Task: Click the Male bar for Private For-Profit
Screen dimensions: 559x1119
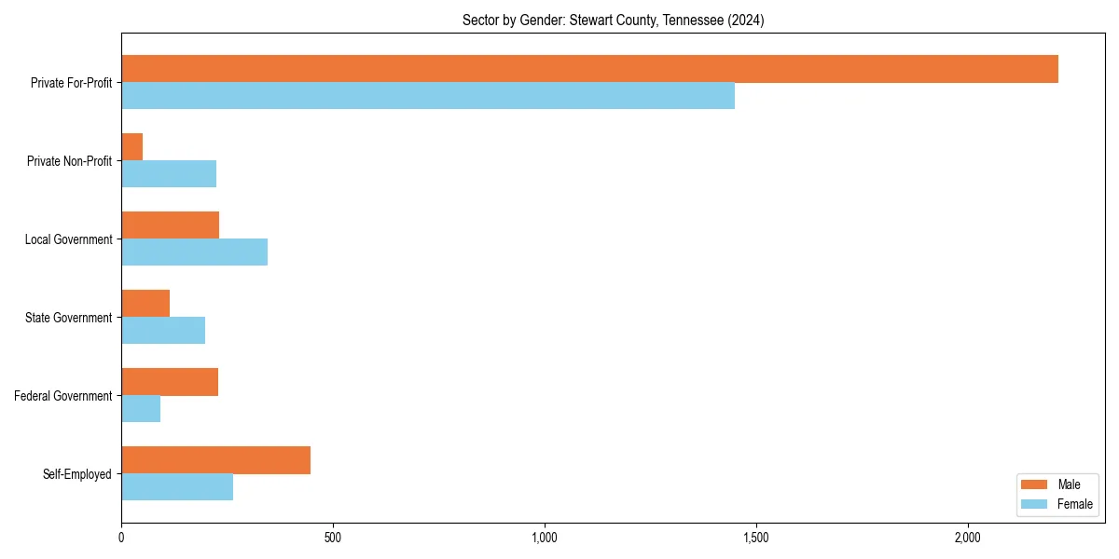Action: coord(589,69)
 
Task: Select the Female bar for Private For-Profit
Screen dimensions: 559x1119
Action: coord(428,96)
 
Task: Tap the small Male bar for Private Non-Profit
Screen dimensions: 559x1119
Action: coord(131,147)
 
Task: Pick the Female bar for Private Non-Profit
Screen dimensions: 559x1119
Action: coord(169,174)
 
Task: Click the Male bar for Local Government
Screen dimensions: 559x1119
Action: coord(170,225)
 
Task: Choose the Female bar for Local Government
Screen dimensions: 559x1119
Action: coord(194,252)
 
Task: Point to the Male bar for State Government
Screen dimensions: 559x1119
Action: coord(145,304)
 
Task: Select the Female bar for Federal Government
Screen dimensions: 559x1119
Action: coord(141,409)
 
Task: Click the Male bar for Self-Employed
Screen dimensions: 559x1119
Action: coord(215,460)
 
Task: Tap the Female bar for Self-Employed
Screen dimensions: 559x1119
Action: coord(177,487)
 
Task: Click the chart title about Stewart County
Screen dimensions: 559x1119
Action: coord(613,20)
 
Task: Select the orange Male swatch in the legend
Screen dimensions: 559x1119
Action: coord(1035,484)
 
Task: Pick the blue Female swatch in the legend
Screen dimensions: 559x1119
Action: coord(1035,504)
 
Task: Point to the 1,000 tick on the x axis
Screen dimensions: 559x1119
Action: coord(545,538)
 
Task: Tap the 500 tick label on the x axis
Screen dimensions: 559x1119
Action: coord(333,538)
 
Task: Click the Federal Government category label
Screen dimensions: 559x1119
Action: coord(62,396)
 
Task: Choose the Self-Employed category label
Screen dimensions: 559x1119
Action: coord(76,474)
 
